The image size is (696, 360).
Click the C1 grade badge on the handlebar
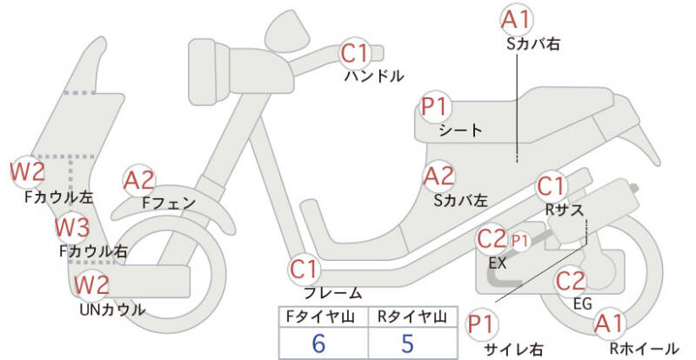pos(356,53)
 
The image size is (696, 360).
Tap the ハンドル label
pos(374,77)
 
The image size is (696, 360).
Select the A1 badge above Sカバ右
pos(516,20)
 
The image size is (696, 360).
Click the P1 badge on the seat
pos(436,107)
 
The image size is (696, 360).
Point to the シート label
pos(460,130)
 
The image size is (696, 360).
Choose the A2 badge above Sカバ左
pos(439,177)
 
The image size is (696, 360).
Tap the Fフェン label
pos(169,203)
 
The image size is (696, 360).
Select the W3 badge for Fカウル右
pos(72,227)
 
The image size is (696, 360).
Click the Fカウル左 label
pos(59,197)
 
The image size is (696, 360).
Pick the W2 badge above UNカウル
pos(91,284)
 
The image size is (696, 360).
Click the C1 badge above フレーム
pos(304,269)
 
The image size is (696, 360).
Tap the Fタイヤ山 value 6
pos(318,343)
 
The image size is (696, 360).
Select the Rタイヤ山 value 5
pos(407,343)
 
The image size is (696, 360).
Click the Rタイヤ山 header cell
pos(412,317)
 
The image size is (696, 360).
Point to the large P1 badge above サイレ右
pos(482,324)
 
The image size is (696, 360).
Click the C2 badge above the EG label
pos(571,281)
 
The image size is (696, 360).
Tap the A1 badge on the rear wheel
pos(610,323)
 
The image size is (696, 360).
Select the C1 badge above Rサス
pos(551,186)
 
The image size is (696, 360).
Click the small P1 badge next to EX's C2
pos(519,241)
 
